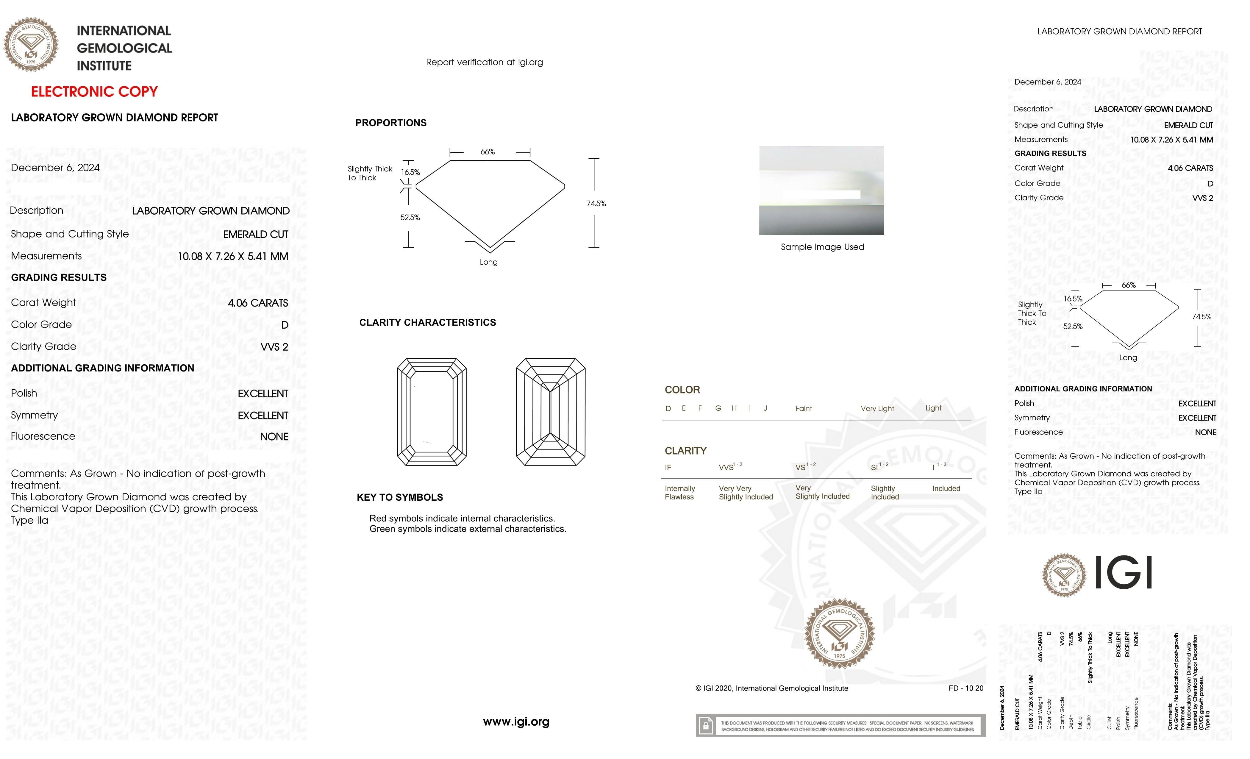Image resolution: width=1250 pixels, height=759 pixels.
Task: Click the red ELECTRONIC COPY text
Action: (x=94, y=92)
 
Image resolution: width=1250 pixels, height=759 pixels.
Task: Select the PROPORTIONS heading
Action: (x=390, y=123)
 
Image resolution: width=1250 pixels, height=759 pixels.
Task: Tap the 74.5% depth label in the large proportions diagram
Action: (x=596, y=204)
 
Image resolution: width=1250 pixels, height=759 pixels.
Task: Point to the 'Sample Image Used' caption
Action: (x=822, y=247)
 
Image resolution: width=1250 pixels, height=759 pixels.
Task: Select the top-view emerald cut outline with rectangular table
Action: (x=432, y=412)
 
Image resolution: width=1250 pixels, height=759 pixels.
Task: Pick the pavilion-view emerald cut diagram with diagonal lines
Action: (x=550, y=412)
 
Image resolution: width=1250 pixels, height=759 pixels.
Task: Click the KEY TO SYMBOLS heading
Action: (x=400, y=497)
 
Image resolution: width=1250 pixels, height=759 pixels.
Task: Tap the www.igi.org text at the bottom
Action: (x=516, y=721)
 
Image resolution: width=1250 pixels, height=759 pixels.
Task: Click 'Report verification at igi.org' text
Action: (x=484, y=63)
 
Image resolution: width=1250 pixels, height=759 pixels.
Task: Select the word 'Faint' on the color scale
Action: (x=804, y=408)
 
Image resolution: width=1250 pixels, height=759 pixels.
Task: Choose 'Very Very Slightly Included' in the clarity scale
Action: (x=745, y=493)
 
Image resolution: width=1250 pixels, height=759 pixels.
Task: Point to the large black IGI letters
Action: (x=1124, y=572)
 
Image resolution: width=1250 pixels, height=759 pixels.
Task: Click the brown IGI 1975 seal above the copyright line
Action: (x=840, y=633)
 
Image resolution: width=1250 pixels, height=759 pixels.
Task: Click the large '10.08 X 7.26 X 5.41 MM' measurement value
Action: (x=233, y=257)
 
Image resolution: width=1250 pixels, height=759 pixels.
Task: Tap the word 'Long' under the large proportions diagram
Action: (x=488, y=262)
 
